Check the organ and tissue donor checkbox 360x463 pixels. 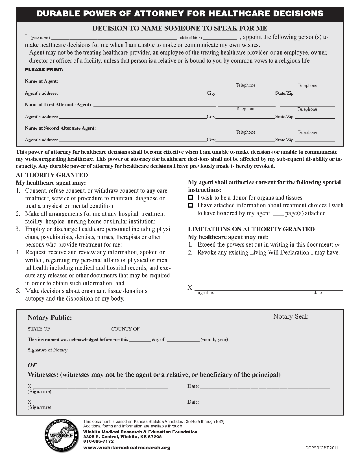pyautogui.click(x=191, y=197)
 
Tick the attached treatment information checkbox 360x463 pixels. pyautogui.click(x=191, y=205)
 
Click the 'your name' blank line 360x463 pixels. pyautogui.click(x=114, y=38)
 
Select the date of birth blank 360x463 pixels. pyautogui.click(x=220, y=38)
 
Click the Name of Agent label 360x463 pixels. pyautogui.click(x=41, y=81)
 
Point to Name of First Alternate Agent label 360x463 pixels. pyautogui.click(x=58, y=105)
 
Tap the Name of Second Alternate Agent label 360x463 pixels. pyautogui.click(x=60, y=128)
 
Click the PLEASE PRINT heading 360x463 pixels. pyautogui.click(x=44, y=69)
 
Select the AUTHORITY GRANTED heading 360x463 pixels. pyautogui.click(x=52, y=175)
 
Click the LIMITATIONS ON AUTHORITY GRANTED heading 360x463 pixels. pyautogui.click(x=251, y=229)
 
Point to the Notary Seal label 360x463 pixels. pyautogui.click(x=291, y=317)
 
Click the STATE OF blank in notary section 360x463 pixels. pyautogui.click(x=81, y=329)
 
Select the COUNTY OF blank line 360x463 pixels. pyautogui.click(x=167, y=329)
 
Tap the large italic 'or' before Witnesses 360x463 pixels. pyautogui.click(x=32, y=364)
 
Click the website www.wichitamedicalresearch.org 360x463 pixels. pyautogui.click(x=127, y=447)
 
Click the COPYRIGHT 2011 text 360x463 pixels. pyautogui.click(x=322, y=448)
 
